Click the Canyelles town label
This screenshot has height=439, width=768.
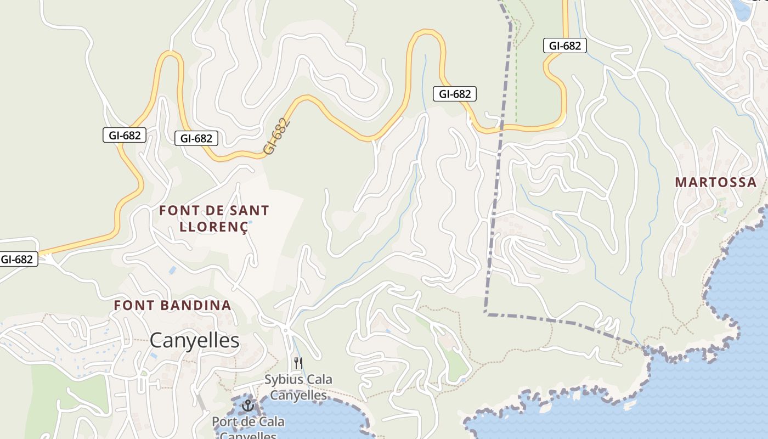(x=195, y=341)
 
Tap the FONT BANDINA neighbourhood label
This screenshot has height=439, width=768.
(x=172, y=306)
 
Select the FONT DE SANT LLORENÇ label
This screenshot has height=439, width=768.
(x=214, y=218)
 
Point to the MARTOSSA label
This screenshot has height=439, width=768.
(x=715, y=182)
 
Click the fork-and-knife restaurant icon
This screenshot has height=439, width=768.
(x=298, y=363)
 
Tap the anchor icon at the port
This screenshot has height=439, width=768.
(x=248, y=406)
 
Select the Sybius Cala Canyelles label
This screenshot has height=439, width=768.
(x=298, y=387)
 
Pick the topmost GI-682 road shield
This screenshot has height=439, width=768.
(x=564, y=46)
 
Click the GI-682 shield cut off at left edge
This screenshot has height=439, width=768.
(x=18, y=259)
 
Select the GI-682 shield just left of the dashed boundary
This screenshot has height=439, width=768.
(x=454, y=94)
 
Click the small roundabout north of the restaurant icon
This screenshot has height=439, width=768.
(x=285, y=329)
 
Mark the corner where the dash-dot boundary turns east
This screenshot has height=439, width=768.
(x=486, y=313)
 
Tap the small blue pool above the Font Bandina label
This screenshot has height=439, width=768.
(x=173, y=270)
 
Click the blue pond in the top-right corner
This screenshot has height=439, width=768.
(x=741, y=10)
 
